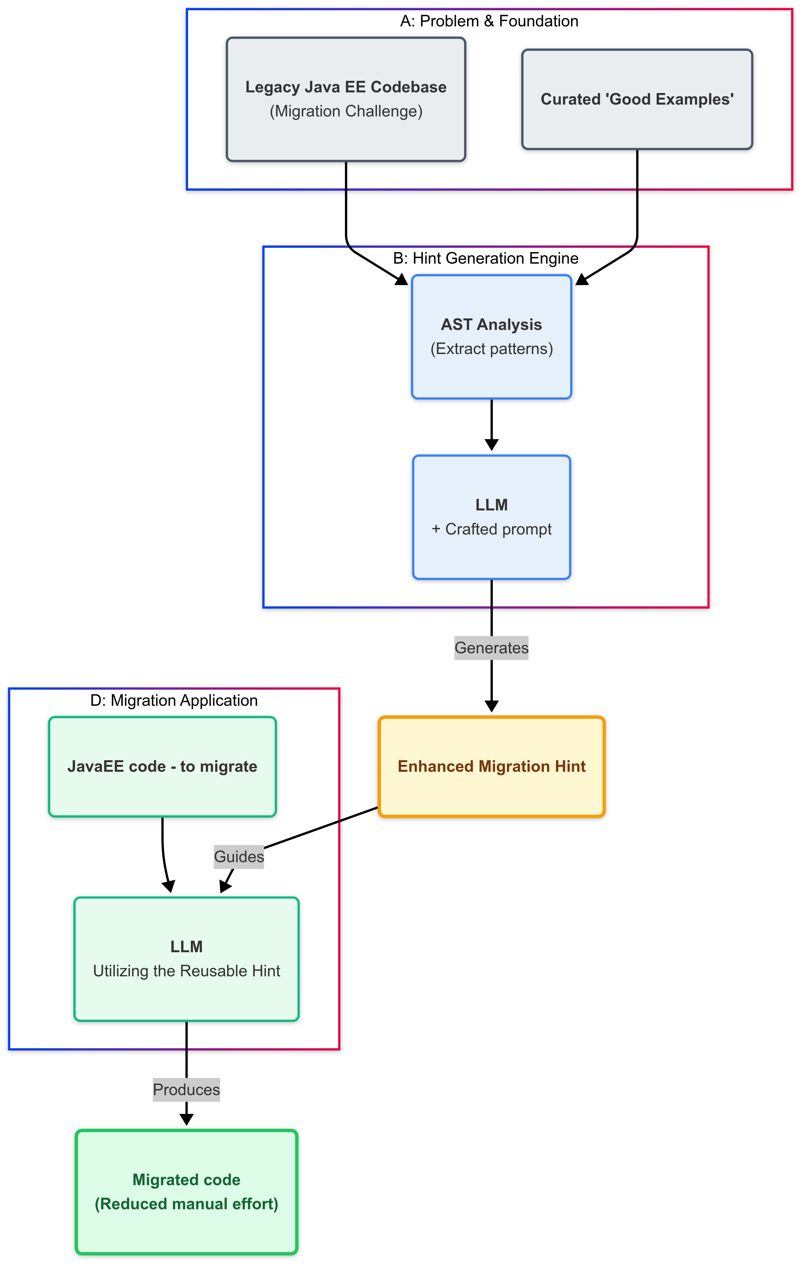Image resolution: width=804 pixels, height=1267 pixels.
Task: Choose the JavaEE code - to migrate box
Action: click(x=162, y=766)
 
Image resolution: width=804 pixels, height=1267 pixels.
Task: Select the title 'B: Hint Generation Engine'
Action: click(x=485, y=258)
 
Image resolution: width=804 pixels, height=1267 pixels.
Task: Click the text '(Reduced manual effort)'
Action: click(x=186, y=1204)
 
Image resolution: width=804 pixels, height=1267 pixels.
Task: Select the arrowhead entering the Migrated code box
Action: click(x=186, y=1120)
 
